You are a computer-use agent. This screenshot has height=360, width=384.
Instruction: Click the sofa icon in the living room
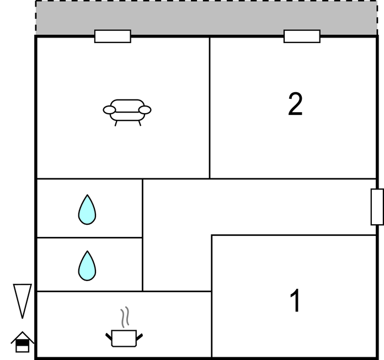pyautogui.click(x=127, y=113)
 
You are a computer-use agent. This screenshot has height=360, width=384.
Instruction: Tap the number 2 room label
pyautogui.click(x=295, y=104)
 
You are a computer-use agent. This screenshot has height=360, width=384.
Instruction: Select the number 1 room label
pyautogui.click(x=295, y=300)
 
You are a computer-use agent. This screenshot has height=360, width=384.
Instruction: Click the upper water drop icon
pyautogui.click(x=87, y=209)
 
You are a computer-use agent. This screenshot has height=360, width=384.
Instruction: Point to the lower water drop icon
pyautogui.click(x=87, y=266)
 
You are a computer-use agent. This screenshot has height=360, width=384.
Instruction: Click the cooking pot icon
pyautogui.click(x=124, y=338)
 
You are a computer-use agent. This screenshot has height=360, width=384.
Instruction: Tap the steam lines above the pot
pyautogui.click(x=125, y=317)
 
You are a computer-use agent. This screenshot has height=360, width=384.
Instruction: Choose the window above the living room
pyautogui.click(x=113, y=36)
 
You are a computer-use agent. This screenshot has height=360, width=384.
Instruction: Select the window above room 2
pyautogui.click(x=302, y=36)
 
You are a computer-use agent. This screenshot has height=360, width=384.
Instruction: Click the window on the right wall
pyautogui.click(x=377, y=207)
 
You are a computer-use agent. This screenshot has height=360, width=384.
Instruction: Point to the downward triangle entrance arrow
pyautogui.click(x=22, y=301)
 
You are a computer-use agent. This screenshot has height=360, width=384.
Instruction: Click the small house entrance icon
pyautogui.click(x=22, y=342)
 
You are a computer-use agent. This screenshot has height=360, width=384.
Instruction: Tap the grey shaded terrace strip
pyautogui.click(x=206, y=18)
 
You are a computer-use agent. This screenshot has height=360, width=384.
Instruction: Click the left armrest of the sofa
pyautogui.click(x=109, y=110)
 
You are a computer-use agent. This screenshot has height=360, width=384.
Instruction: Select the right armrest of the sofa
pyautogui.click(x=145, y=110)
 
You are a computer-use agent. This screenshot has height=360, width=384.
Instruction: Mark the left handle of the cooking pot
pyautogui.click(x=109, y=336)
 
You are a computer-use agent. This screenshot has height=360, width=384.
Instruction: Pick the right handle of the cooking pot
pyautogui.click(x=140, y=337)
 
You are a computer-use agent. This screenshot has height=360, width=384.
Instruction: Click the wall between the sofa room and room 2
pyautogui.click(x=210, y=108)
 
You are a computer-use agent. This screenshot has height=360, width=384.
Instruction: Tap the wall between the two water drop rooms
pyautogui.click(x=89, y=237)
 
